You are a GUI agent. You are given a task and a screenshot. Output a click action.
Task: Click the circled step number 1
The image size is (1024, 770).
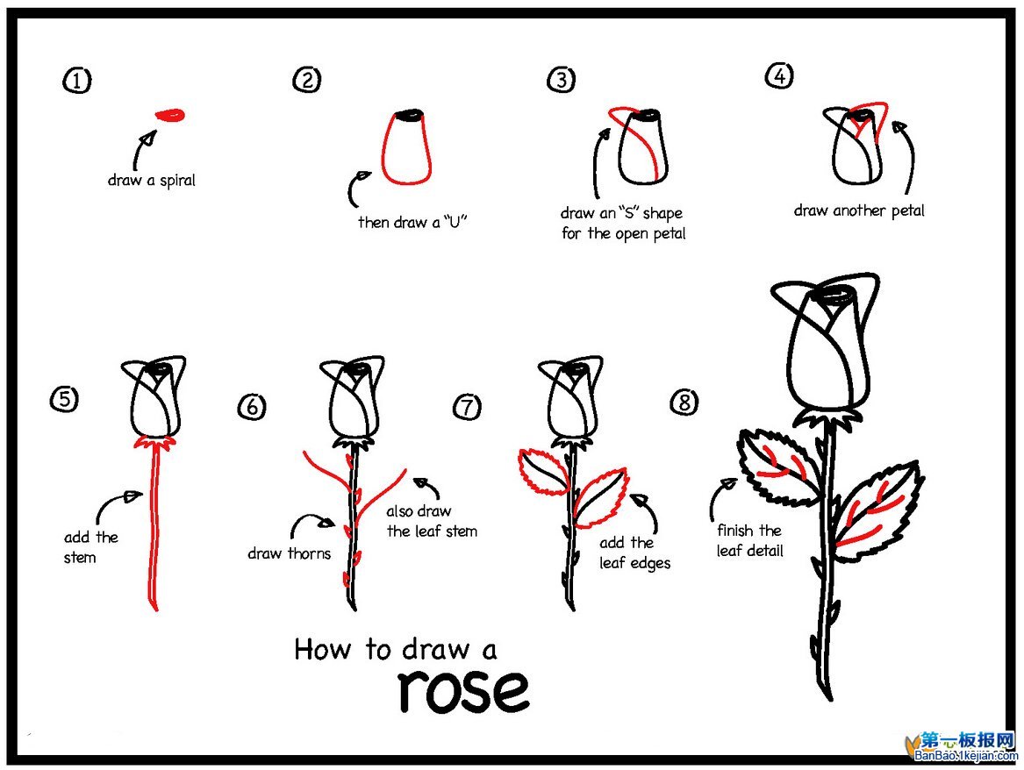(x=76, y=82)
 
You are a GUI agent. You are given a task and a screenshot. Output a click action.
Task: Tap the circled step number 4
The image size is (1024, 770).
(x=778, y=77)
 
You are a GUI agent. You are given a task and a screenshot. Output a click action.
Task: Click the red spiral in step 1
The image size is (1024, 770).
(x=170, y=115)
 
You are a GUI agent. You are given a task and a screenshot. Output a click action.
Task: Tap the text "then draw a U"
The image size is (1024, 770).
(x=412, y=222)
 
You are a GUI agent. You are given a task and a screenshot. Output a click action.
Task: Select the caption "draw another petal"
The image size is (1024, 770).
(x=858, y=210)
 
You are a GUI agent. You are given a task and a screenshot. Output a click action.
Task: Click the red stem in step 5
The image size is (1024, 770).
(x=154, y=526)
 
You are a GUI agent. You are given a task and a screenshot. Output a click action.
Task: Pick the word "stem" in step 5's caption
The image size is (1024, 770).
(x=79, y=557)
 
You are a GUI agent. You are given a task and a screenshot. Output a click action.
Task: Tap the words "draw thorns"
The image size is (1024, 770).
(x=289, y=553)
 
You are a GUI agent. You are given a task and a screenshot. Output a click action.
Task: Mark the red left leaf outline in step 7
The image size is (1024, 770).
(x=543, y=471)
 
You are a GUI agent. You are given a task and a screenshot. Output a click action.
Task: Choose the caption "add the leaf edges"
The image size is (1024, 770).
(x=634, y=553)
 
